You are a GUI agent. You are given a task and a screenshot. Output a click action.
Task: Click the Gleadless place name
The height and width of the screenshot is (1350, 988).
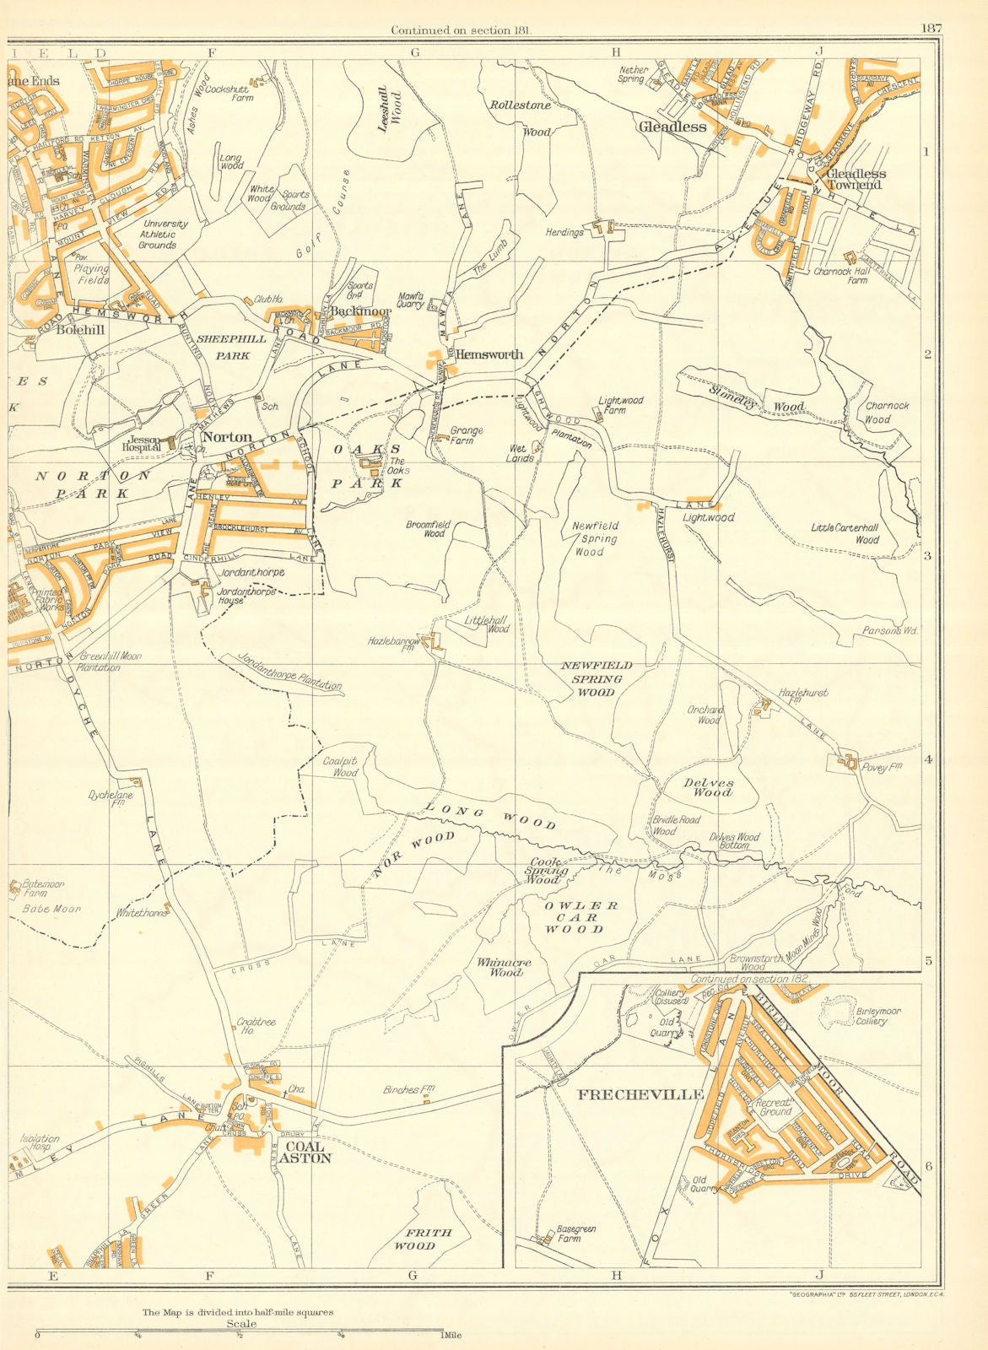(672, 127)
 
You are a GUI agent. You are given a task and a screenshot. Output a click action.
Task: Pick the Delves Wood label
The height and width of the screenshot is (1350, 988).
(708, 787)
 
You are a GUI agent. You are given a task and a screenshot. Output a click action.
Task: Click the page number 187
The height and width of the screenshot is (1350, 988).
(931, 28)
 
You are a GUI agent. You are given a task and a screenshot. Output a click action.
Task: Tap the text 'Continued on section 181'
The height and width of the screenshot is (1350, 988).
(466, 30)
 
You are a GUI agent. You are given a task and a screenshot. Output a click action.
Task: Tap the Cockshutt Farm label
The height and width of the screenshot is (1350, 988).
(229, 92)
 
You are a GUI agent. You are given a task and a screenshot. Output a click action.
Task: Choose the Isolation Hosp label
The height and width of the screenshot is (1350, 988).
(39, 1143)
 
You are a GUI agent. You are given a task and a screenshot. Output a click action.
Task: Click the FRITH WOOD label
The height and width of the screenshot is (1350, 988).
(425, 1239)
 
